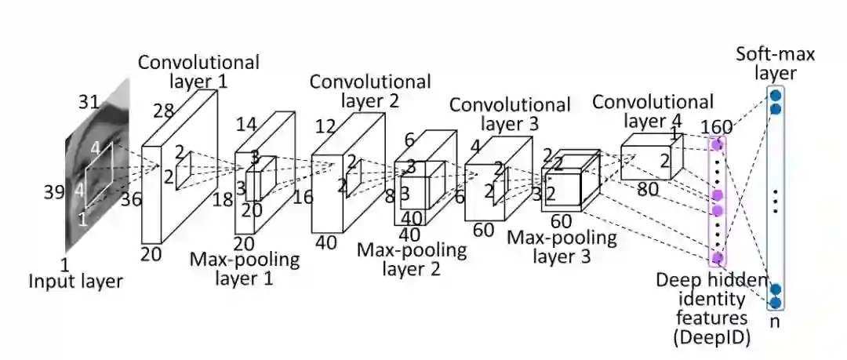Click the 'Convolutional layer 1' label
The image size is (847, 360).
(198, 71)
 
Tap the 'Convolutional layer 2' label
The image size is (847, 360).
(370, 90)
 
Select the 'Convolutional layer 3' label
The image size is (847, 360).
(510, 114)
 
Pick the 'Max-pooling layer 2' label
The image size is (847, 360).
(412, 259)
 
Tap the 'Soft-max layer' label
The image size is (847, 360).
(775, 64)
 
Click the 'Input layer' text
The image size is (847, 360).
(76, 281)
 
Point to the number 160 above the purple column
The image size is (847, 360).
(716, 127)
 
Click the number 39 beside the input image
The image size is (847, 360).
(53, 193)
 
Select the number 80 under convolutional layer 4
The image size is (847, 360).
(648, 188)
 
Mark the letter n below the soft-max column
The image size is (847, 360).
(775, 321)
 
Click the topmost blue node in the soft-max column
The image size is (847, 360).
(775, 95)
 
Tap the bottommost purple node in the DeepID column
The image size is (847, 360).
(715, 257)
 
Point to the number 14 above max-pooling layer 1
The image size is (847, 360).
(247, 124)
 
